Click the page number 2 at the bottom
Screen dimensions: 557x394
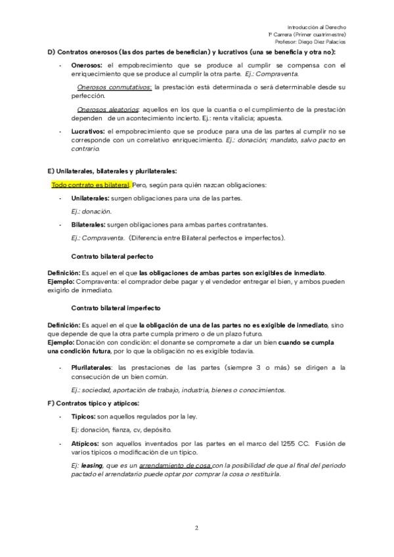pyautogui.click(x=197, y=527)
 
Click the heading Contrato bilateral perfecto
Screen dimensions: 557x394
pyautogui.click(x=112, y=256)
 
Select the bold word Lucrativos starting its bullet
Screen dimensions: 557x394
pyautogui.click(x=88, y=131)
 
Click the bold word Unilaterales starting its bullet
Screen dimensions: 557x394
pyautogui.click(x=91, y=198)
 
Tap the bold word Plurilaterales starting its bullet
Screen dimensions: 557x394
pyautogui.click(x=91, y=368)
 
